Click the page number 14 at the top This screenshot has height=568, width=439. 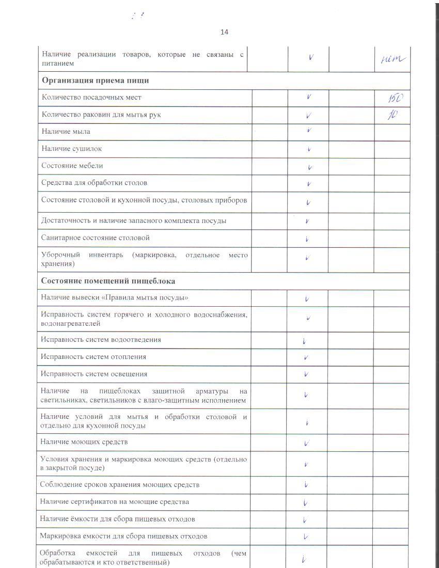[224, 32]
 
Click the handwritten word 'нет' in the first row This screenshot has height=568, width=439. [393, 60]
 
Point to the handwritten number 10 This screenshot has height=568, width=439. [392, 115]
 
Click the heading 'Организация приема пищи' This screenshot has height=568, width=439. [96, 81]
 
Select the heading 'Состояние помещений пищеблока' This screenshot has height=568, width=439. [108, 281]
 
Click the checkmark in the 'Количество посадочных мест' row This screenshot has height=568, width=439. [308, 97]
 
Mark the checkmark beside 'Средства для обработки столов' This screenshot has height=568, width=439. [308, 184]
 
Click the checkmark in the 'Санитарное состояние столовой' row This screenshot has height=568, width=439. [307, 239]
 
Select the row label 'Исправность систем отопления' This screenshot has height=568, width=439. [93, 357]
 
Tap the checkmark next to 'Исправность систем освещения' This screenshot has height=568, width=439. [307, 374]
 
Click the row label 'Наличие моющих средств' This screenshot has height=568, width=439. [84, 442]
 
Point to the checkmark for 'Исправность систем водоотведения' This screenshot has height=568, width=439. [305, 341]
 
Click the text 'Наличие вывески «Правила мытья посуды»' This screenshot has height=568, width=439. [114, 298]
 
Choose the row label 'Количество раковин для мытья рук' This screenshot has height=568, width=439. [101, 115]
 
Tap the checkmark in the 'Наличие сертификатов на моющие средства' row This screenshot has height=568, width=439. [306, 503]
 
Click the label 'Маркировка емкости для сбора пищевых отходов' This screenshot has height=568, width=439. [124, 536]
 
